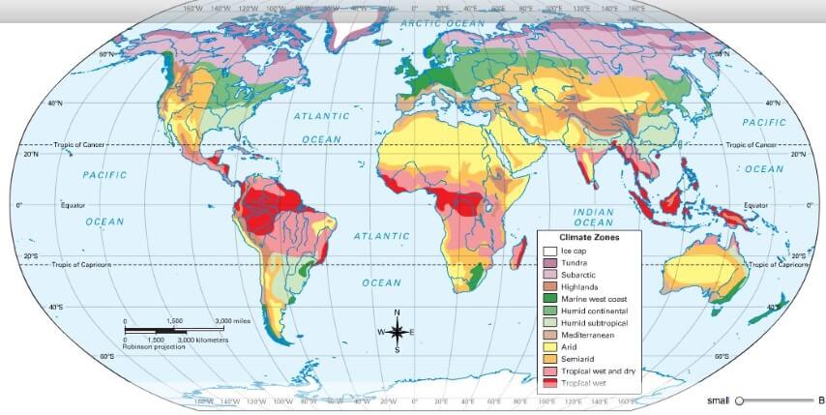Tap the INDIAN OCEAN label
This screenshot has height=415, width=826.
[594, 217]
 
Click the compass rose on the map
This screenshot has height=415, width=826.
[397, 332]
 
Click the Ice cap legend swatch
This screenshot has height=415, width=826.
[548, 251]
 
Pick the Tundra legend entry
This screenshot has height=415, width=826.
[574, 262]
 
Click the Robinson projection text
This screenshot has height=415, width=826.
[154, 346]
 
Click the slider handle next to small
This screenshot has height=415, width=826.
[740, 400]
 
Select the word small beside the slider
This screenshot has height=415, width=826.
[718, 400]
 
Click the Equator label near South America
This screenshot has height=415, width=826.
[74, 205]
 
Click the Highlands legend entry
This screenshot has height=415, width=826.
[578, 286]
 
